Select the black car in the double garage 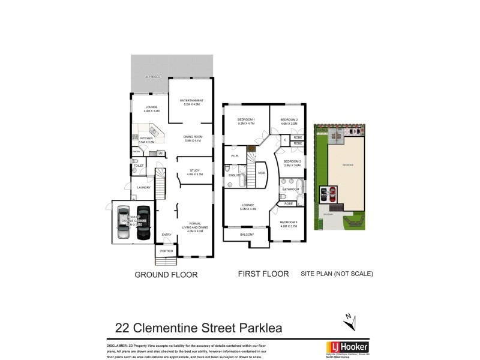[143, 223]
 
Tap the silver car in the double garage [124, 223]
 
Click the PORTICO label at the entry [166, 250]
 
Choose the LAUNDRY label [143, 187]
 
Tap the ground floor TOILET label [139, 165]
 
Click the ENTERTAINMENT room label [191, 101]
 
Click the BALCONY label [247, 235]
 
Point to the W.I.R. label [235, 157]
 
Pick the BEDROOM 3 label [292, 163]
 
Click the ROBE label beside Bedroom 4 [288, 204]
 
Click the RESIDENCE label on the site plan [347, 165]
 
